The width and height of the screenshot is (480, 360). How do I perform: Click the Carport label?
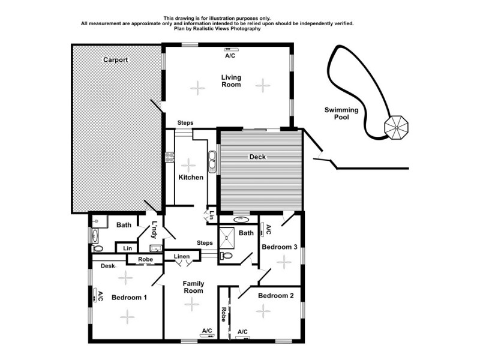(x=115, y=60)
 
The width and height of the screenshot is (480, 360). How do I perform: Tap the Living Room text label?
(x=230, y=80)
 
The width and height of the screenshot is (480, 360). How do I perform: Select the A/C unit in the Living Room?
(x=230, y=49)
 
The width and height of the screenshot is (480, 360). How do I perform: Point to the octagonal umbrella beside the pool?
(x=395, y=127)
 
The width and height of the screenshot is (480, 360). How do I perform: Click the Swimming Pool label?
(x=341, y=113)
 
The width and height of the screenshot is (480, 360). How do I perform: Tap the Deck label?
(x=257, y=157)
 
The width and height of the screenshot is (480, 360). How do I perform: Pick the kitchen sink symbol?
(x=212, y=161)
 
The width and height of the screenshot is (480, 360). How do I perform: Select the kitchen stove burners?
(x=169, y=157)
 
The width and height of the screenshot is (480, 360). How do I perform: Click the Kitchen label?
(x=191, y=178)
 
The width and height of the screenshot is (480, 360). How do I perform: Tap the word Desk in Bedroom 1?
(x=108, y=266)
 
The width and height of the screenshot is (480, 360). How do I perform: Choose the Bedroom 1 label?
(x=129, y=298)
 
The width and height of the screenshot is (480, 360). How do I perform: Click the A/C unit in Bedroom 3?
(x=262, y=229)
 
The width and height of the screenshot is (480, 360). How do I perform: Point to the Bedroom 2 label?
(x=275, y=296)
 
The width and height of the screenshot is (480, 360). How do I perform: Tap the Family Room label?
(x=193, y=287)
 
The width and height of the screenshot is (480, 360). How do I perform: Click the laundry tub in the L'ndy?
(x=155, y=248)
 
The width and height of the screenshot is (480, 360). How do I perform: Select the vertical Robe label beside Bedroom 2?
(x=223, y=315)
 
